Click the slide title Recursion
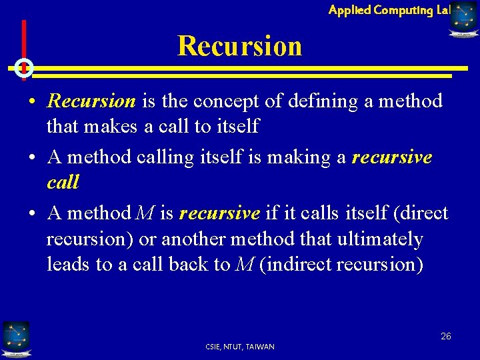click(239, 46)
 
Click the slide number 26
click(445, 336)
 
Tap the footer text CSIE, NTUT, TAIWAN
click(240, 347)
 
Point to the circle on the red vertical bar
click(24, 67)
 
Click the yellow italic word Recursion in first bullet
click(91, 101)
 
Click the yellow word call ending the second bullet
click(63, 182)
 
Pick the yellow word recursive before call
click(392, 157)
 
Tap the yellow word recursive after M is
click(219, 213)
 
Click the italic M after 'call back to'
click(244, 264)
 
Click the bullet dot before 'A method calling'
click(32, 158)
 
